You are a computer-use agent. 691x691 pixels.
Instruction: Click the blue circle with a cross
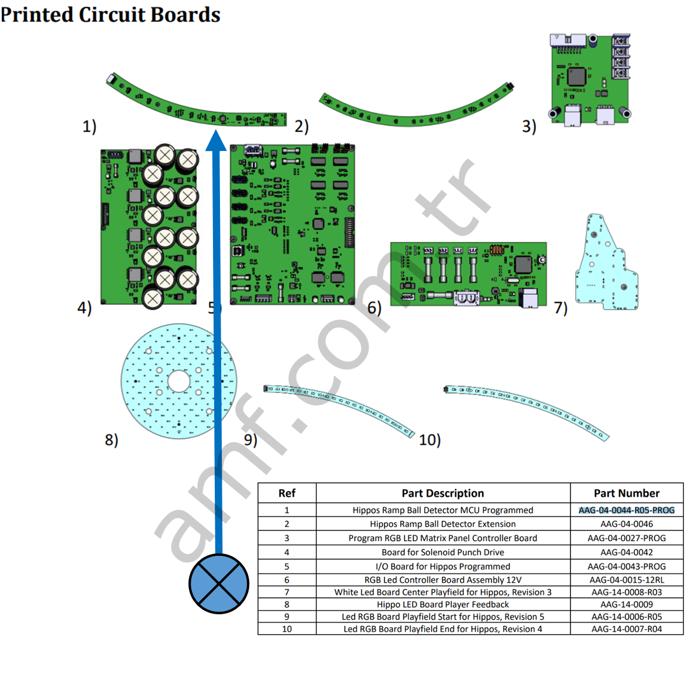click(x=219, y=583)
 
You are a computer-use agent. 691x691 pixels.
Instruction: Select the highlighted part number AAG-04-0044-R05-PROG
click(x=626, y=510)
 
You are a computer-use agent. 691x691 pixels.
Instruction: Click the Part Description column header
click(x=442, y=493)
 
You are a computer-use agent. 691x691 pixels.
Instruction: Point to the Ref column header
click(x=287, y=493)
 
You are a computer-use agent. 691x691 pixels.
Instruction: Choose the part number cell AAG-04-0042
click(x=626, y=552)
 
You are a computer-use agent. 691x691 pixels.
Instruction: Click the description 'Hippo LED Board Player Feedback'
click(x=442, y=604)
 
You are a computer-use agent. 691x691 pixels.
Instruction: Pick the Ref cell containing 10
click(x=287, y=629)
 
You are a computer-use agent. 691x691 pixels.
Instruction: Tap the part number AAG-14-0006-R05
click(x=626, y=617)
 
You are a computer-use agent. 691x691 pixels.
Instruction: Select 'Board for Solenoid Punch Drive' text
click(x=442, y=552)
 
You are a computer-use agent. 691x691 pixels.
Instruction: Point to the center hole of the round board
click(x=178, y=381)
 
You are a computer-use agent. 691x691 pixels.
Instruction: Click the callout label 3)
click(x=529, y=126)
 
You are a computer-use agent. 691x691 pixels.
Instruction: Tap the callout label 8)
click(x=111, y=439)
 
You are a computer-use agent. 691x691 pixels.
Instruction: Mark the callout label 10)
click(x=429, y=440)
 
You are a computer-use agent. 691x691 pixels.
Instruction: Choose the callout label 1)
click(x=89, y=126)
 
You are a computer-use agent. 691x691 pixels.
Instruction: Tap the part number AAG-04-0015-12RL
click(x=626, y=580)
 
